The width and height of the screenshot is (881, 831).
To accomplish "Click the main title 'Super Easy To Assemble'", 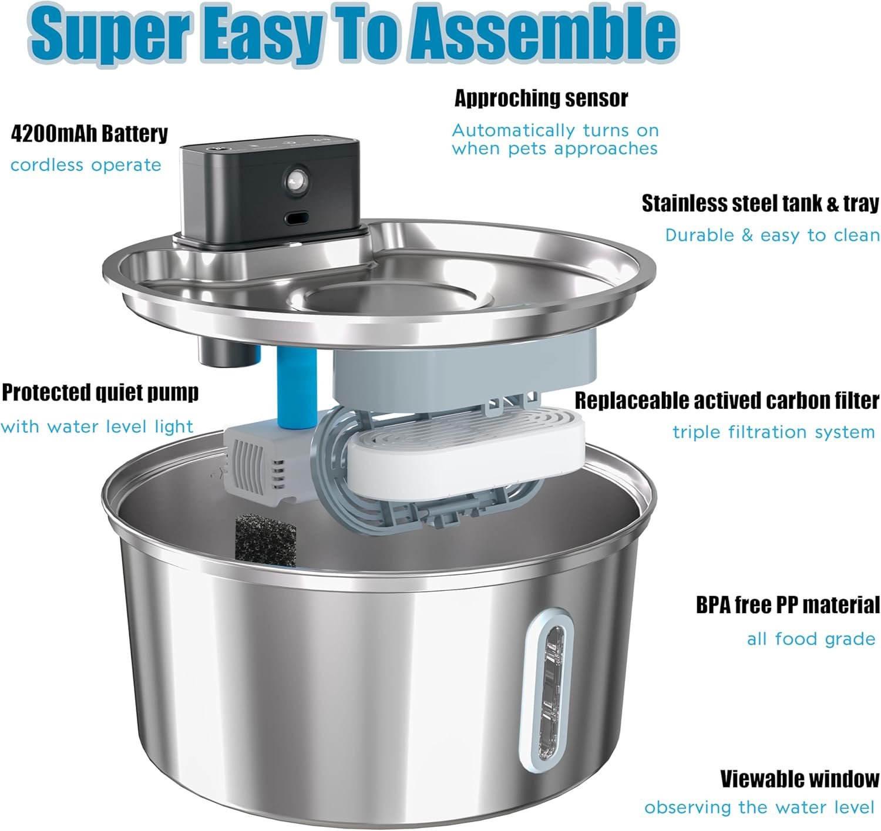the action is tap(352, 35).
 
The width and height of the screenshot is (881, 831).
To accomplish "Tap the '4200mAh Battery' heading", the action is tap(89, 134).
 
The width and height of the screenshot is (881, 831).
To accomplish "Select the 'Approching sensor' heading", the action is tap(541, 98).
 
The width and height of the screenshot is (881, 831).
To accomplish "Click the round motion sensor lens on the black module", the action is tap(293, 180).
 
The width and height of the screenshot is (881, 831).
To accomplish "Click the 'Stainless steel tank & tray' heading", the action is tap(760, 203).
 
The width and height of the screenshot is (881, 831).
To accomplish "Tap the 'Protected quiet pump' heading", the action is tap(100, 393).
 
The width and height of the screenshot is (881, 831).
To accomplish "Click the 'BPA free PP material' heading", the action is tap(788, 605).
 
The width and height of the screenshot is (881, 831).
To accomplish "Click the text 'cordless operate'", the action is tap(86, 165).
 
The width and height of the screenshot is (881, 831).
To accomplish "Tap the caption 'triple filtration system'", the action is tap(774, 432).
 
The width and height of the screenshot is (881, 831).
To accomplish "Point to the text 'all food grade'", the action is tap(811, 638).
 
